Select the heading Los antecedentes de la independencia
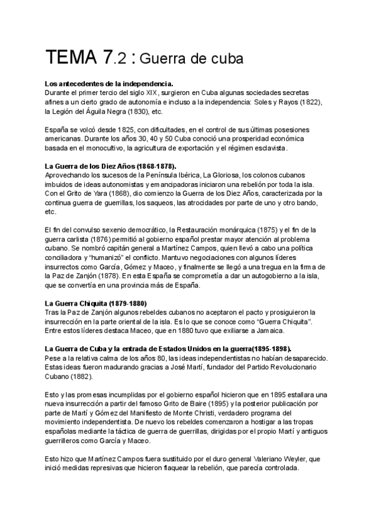point(109,84)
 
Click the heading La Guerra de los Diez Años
point(111,166)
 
